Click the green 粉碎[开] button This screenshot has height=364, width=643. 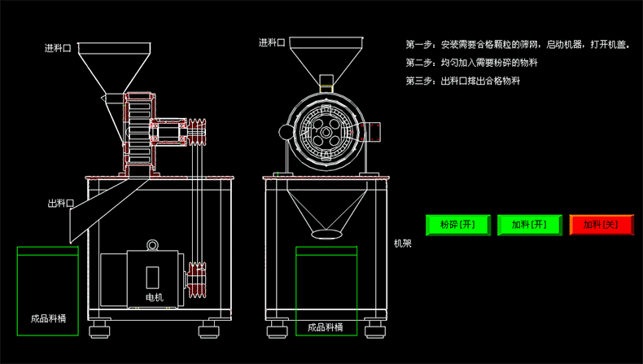pyautogui.click(x=457, y=225)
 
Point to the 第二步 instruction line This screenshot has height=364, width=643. pyautogui.click(x=471, y=63)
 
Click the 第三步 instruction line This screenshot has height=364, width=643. pyautogui.click(x=462, y=81)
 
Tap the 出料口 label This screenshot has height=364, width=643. pyautogui.click(x=61, y=204)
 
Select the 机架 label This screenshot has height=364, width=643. pyautogui.click(x=402, y=243)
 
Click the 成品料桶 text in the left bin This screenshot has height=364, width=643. pyautogui.click(x=47, y=319)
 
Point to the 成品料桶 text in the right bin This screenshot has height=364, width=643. pyautogui.click(x=325, y=328)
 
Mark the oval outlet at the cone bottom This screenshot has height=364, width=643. pyautogui.click(x=326, y=234)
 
